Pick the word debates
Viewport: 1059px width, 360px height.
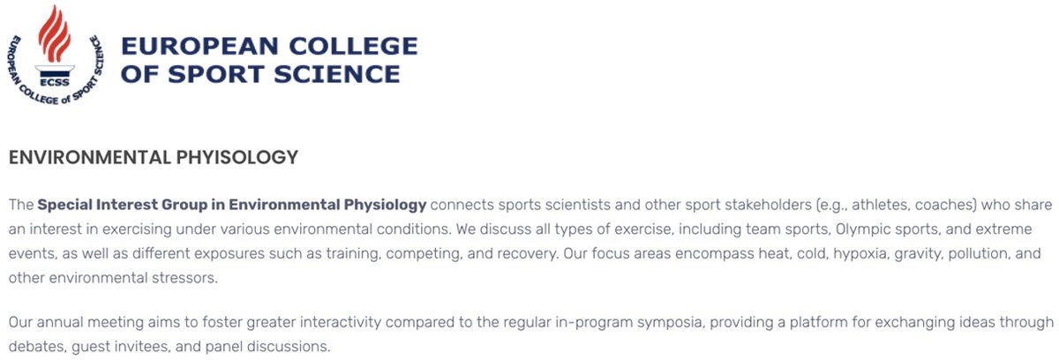pyautogui.click(x=36, y=347)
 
